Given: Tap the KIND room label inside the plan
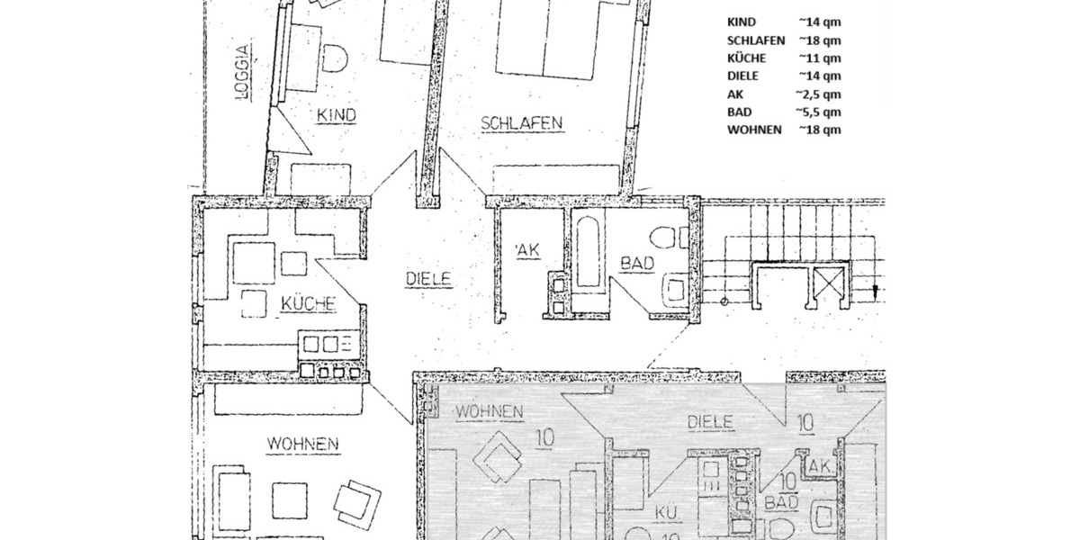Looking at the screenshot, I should pos(336,115).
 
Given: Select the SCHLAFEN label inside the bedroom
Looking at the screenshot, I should pos(521,122).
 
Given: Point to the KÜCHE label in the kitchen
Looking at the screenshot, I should pos(309,304).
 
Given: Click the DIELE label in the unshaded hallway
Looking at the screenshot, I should pos(427,280).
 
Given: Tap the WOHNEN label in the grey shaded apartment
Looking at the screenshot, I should pos(490,411).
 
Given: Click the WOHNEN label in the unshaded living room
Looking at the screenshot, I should pos(301,443).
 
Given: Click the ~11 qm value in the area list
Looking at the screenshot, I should pos(818,58).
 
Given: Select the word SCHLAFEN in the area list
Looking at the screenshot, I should pos(756,40).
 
